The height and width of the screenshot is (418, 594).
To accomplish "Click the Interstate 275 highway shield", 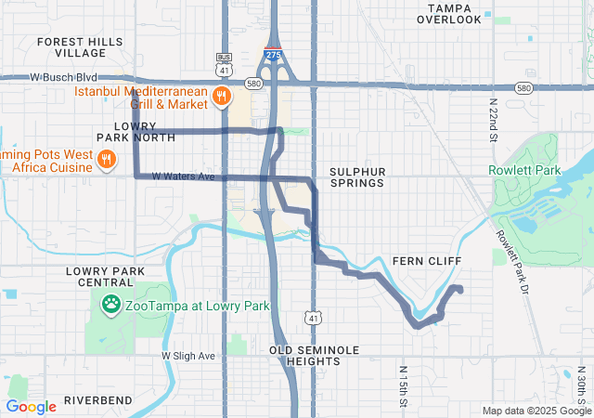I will pyautogui.click(x=273, y=55).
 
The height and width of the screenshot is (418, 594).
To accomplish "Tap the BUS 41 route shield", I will pyautogui.click(x=223, y=65).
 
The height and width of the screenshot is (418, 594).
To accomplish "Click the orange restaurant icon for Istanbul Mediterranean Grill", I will pyautogui.click(x=221, y=95).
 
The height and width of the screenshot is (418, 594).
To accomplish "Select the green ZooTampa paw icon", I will pyautogui.click(x=111, y=305).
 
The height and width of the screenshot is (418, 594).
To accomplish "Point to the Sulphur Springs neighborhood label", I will pyautogui.click(x=355, y=177).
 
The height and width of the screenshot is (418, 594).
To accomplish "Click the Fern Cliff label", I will pyautogui.click(x=427, y=261).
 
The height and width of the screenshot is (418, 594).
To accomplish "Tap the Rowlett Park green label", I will pyautogui.click(x=525, y=171).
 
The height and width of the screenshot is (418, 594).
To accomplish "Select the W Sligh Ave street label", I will pyautogui.click(x=188, y=356).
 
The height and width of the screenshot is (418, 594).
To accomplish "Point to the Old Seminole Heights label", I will pyautogui.click(x=314, y=356).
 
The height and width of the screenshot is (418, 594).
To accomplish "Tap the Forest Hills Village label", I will pyautogui.click(x=80, y=47).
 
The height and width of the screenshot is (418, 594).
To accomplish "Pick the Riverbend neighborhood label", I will pyautogui.click(x=98, y=400).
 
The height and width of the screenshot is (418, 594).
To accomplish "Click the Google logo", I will pyautogui.click(x=31, y=406).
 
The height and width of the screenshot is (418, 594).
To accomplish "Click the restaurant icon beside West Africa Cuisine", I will pyautogui.click(x=108, y=160).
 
